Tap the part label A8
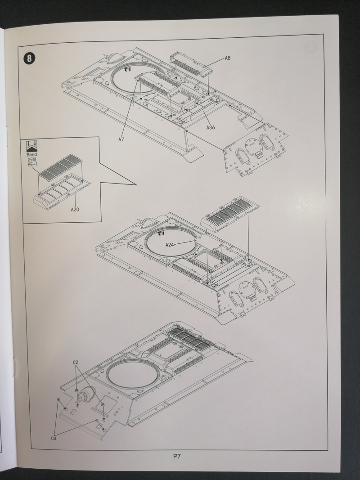coord(228,58)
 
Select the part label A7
coord(121,139)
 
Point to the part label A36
coord(211,127)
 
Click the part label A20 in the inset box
coord(75,209)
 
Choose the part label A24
coord(170,244)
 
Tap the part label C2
coord(76,362)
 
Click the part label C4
coord(54,438)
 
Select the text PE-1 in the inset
coord(32,165)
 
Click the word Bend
coord(32,154)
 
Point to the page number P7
coord(177,456)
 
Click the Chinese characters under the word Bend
coord(32,160)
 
